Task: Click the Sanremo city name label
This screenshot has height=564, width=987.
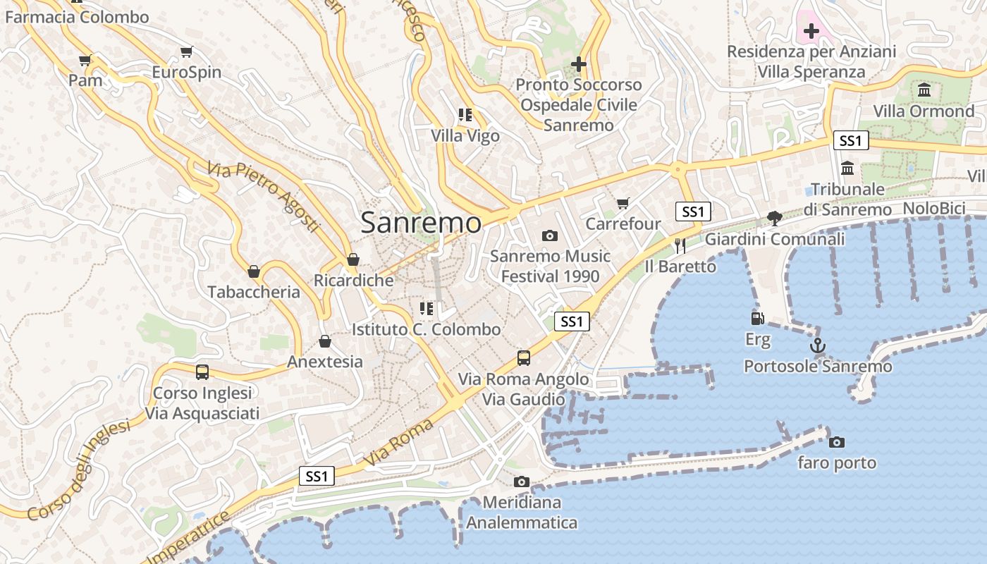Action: click(x=421, y=223)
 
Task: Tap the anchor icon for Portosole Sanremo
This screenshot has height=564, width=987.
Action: click(x=818, y=345)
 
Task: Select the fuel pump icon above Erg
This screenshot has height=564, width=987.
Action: click(x=758, y=319)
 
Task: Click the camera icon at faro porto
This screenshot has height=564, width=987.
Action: click(x=837, y=442)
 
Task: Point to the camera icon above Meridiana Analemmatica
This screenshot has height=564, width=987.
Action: click(x=522, y=482)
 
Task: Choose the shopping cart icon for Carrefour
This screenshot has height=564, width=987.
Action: click(x=623, y=204)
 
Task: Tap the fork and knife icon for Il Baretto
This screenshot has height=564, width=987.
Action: click(x=680, y=245)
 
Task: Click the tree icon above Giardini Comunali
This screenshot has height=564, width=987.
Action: click(x=774, y=219)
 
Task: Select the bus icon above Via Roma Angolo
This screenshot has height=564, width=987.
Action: click(x=524, y=357)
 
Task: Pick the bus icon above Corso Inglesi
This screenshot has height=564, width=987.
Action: click(x=202, y=372)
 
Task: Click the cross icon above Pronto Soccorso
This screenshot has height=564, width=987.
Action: click(x=579, y=64)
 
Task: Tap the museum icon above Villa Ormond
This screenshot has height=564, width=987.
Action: click(x=924, y=90)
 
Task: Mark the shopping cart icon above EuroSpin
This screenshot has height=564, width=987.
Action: click(x=187, y=51)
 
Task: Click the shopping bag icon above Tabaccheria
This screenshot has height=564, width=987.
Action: click(x=254, y=271)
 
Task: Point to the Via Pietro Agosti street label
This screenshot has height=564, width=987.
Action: click(x=264, y=197)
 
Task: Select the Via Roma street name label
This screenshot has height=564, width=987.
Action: click(x=399, y=443)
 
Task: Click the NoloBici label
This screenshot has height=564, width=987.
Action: click(x=934, y=208)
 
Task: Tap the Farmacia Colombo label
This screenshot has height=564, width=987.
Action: click(x=77, y=17)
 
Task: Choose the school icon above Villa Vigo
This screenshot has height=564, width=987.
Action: click(x=465, y=114)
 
